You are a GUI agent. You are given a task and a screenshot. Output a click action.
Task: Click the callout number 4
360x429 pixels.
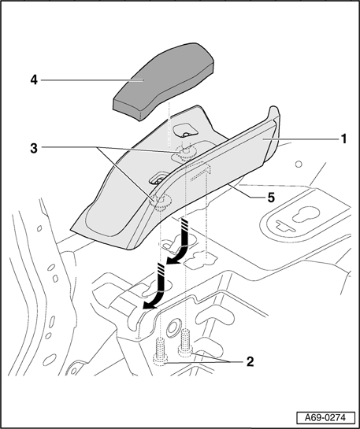coord(34,80)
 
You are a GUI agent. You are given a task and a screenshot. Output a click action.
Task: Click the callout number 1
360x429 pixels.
coord(343,139)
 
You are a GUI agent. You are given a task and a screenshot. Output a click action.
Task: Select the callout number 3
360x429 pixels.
coord(34,149)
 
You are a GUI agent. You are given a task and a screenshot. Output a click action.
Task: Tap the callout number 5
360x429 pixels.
coord(271,198)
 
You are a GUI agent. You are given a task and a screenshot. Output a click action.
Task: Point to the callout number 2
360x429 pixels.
coord(251,361)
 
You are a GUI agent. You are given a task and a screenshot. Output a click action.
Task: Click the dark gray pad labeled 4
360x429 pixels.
coord(164,81)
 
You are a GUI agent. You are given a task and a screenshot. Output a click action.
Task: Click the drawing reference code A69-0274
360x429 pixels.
coord(325,418)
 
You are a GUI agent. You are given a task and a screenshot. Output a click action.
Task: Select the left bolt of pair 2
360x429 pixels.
coord(160,351)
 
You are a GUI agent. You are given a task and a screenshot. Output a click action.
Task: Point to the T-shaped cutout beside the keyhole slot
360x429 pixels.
coord(284,224)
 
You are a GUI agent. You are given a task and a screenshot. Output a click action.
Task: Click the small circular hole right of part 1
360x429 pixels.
coord(299,165)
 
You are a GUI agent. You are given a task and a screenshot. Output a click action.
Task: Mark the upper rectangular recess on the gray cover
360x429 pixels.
coord(186,130)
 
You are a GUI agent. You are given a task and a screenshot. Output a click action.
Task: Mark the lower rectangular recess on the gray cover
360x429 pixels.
coord(159,178)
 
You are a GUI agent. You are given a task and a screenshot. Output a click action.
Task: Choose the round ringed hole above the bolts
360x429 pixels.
coord(173,326)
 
